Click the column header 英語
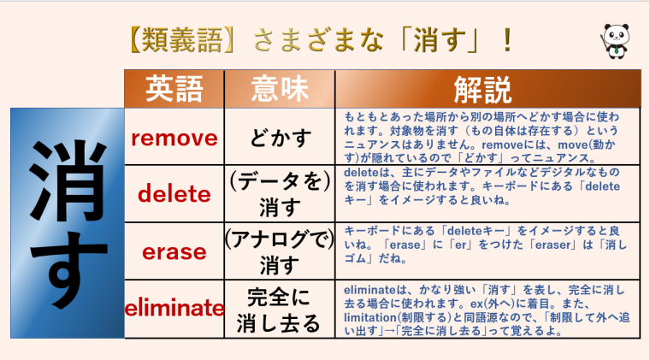(174, 88)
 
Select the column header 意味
(280, 88)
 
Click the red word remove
(174, 137)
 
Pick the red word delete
(174, 194)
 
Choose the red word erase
(174, 251)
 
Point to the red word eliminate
(174, 308)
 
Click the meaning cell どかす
(280, 138)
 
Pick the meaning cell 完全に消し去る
(280, 309)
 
